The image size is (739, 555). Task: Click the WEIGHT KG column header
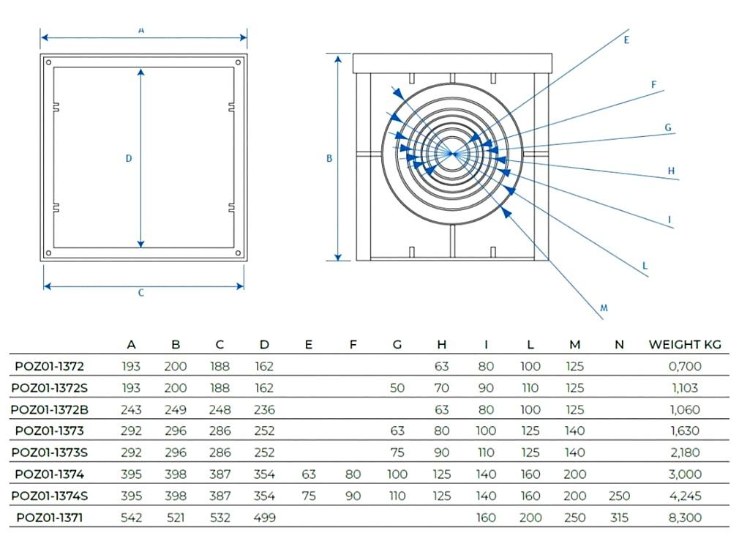[685, 345]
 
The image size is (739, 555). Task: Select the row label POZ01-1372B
[50, 409]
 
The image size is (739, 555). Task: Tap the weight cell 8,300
[685, 518]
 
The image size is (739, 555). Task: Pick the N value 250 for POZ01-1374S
[619, 496]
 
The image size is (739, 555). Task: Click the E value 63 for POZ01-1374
[308, 474]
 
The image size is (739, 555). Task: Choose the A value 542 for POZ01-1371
[131, 518]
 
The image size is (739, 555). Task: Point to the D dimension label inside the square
[129, 158]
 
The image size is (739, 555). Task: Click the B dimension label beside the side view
[329, 158]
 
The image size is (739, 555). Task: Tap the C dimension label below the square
[141, 293]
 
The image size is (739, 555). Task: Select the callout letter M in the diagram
[604, 308]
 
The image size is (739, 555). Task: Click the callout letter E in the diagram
[626, 40]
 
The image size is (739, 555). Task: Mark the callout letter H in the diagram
[671, 171]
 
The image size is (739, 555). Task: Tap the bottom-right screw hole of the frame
[238, 253]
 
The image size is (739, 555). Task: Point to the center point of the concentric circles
[452, 153]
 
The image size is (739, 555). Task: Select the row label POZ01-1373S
[50, 452]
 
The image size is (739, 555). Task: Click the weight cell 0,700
[685, 366]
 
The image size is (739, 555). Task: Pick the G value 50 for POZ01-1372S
[397, 388]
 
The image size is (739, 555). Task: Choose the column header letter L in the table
[530, 345]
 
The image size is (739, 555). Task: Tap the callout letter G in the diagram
[668, 127]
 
